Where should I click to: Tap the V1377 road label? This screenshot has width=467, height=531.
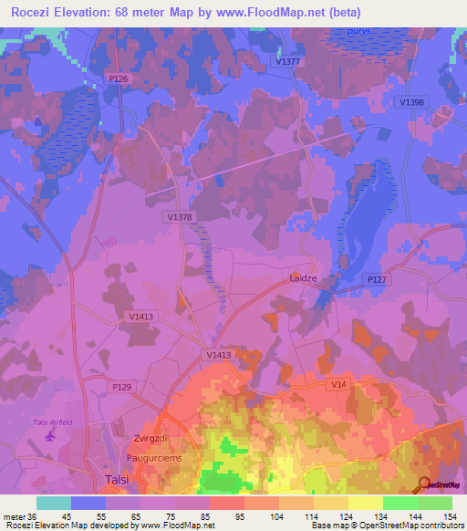click(x=286, y=60)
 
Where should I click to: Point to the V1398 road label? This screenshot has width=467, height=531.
click(x=411, y=102)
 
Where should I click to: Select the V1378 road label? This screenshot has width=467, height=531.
click(x=180, y=216)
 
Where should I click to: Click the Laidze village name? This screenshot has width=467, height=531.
click(x=303, y=276)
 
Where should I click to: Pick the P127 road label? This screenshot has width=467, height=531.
click(x=376, y=279)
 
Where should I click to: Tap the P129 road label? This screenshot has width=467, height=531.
click(x=121, y=387)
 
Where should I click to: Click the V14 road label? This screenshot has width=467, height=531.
click(x=339, y=386)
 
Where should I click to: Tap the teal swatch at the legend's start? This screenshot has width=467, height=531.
click(x=53, y=502)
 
